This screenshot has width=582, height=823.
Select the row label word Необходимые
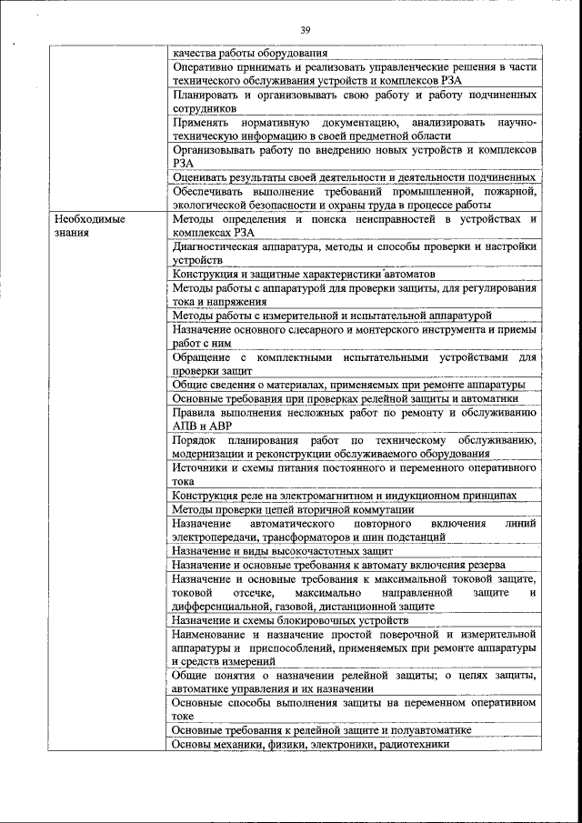(89, 219)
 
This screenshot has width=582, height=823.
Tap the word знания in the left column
(72, 233)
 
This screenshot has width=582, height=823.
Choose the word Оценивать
(205, 176)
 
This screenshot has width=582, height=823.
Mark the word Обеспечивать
(211, 191)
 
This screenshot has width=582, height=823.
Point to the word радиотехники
(406, 744)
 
